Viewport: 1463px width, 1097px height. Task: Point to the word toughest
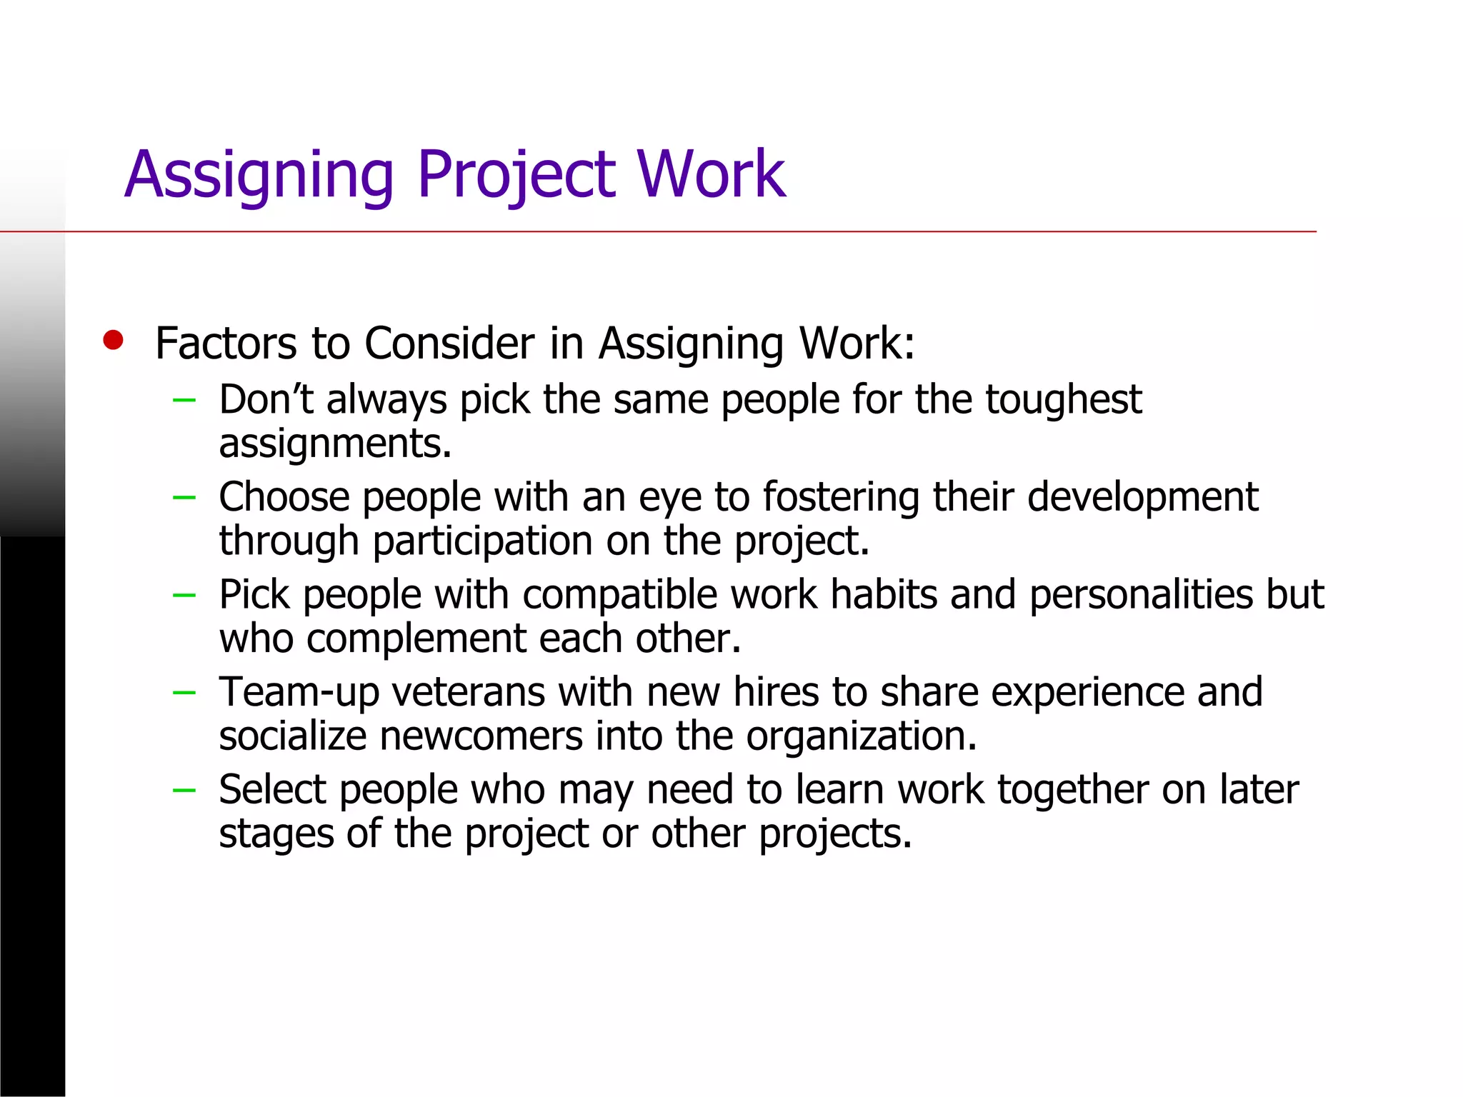point(1064,399)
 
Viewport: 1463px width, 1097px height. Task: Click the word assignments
point(334,444)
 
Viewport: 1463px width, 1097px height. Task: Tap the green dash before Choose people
point(184,497)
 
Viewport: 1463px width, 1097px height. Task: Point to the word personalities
point(1140,594)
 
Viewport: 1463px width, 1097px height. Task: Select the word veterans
point(468,692)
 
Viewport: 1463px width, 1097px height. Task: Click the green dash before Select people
point(184,790)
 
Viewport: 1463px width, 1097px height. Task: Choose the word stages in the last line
point(276,834)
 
